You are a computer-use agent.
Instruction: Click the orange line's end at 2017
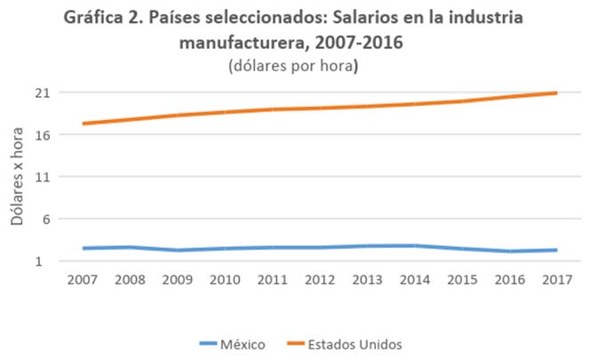pos(556,92)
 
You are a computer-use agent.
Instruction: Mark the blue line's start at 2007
pos(83,248)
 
